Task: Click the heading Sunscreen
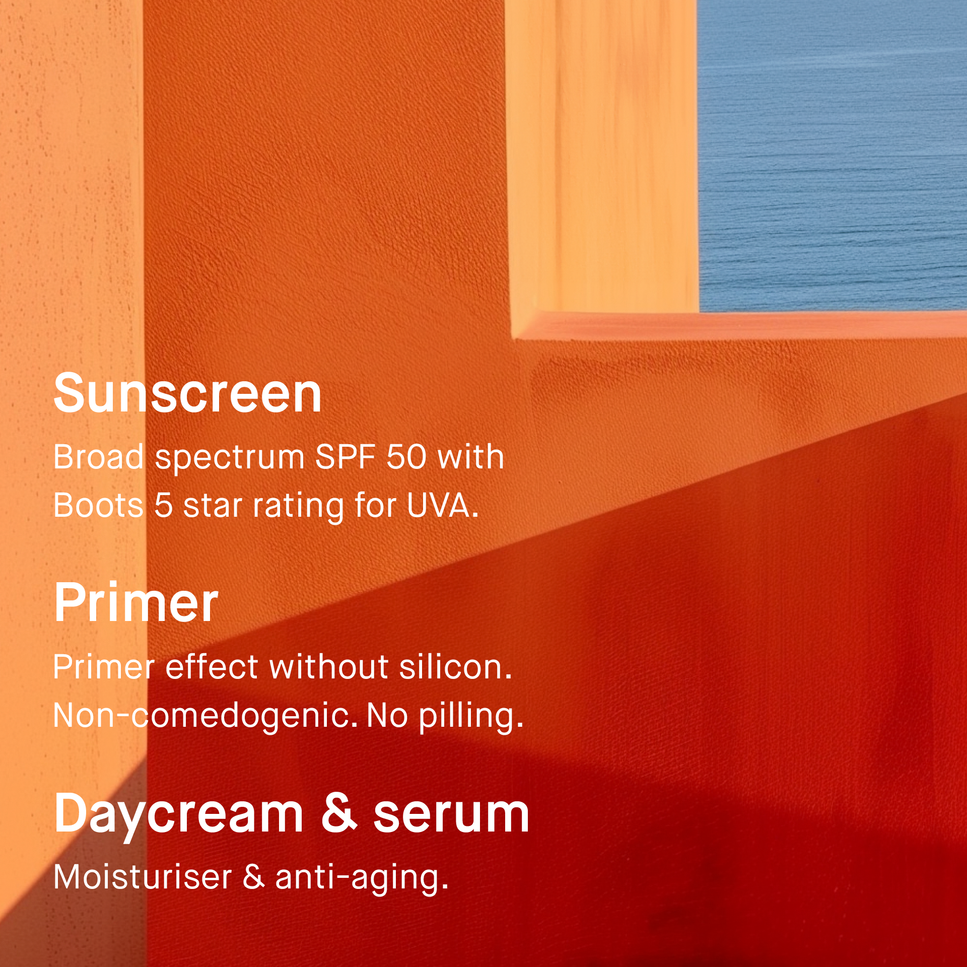tap(187, 393)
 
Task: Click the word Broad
tap(99, 457)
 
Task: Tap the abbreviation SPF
tap(346, 457)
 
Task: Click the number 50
tap(406, 457)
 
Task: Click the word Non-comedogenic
tap(205, 716)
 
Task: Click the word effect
tap(212, 667)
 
